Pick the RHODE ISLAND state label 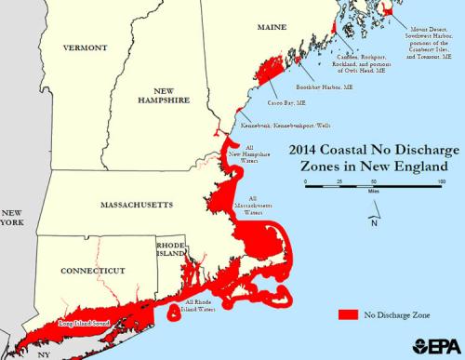click(x=172, y=248)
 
